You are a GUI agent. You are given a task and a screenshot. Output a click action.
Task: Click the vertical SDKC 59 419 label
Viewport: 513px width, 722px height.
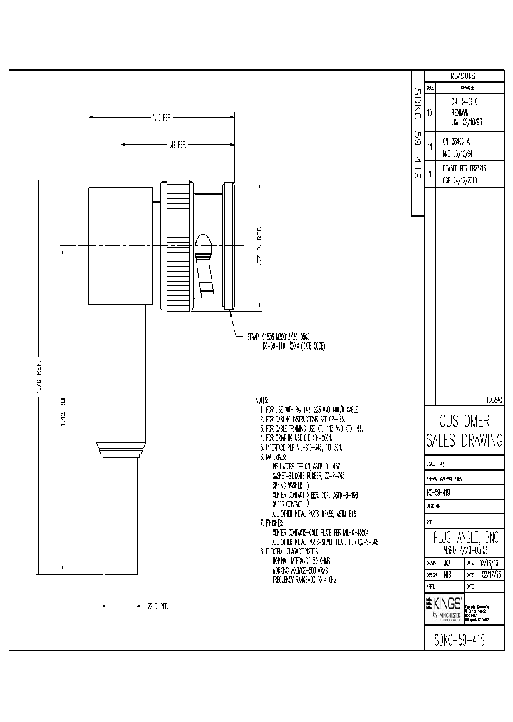pos(418,136)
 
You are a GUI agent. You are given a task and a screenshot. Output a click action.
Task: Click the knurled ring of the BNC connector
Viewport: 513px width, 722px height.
pos(177,247)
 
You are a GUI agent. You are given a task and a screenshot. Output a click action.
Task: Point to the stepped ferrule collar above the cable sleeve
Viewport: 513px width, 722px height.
pos(119,450)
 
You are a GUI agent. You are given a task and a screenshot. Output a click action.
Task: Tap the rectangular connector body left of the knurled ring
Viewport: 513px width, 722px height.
pos(119,247)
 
